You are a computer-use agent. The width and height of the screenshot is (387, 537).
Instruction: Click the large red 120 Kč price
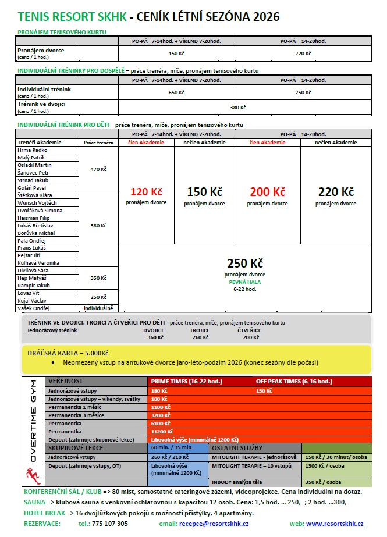coord(146,192)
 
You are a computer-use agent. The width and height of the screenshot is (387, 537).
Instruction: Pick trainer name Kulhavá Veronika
coord(39,263)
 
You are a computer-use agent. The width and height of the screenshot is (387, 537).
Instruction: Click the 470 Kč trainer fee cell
coord(98,169)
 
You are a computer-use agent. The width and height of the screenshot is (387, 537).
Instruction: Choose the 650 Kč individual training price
coord(176,92)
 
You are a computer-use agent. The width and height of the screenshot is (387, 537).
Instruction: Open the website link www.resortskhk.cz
coord(335,524)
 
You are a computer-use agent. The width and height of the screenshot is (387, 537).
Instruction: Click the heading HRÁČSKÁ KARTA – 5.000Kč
coord(68,353)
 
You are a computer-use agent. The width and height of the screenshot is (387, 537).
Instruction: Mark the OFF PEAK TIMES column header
coord(293,381)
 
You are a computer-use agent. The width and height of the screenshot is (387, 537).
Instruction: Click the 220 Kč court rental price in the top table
coord(303,54)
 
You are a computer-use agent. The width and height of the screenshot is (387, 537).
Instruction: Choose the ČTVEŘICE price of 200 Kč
coord(251,337)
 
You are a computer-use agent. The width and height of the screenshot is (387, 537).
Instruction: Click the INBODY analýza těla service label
coord(237,482)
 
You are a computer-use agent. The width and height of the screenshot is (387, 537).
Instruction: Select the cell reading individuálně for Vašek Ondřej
coord(98,308)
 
